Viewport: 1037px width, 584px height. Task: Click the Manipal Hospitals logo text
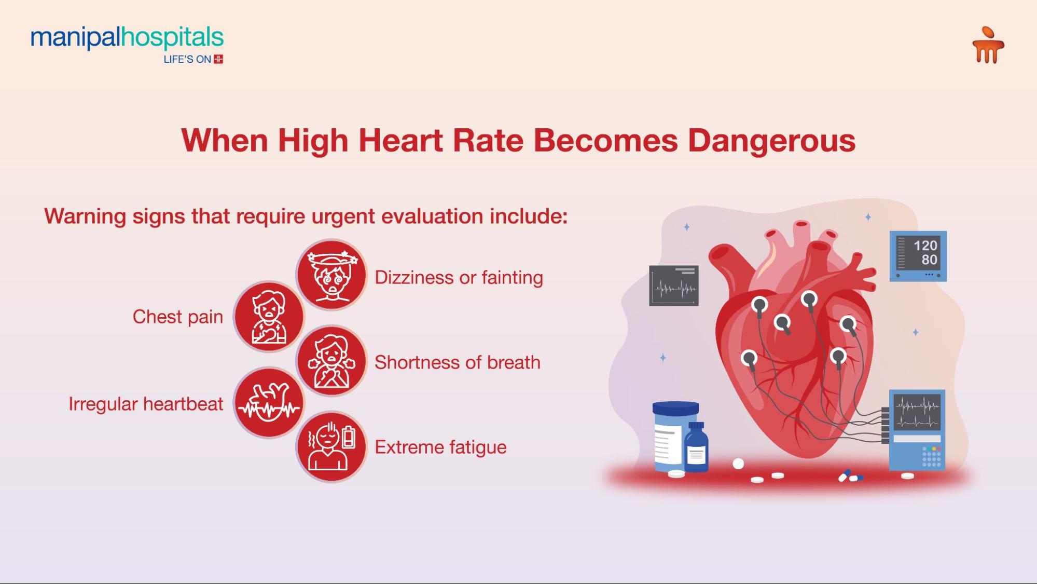(x=127, y=38)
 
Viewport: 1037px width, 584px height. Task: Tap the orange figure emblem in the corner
(x=988, y=46)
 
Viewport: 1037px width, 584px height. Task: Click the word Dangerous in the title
(x=771, y=140)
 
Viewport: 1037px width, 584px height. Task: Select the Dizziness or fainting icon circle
(x=331, y=275)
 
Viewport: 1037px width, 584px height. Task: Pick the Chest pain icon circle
(x=269, y=317)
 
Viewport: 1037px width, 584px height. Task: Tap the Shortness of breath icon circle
(x=331, y=361)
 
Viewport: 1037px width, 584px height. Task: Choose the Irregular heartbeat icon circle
(x=269, y=403)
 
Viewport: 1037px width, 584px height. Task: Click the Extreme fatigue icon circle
(x=331, y=447)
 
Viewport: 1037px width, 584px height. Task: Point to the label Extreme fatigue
(x=440, y=447)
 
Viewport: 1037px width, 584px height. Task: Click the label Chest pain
(x=177, y=317)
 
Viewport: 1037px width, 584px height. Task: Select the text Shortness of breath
(x=457, y=362)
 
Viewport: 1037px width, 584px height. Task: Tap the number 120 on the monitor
(x=925, y=245)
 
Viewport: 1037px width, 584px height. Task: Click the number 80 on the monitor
(x=929, y=260)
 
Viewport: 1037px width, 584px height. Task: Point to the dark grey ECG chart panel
(x=673, y=286)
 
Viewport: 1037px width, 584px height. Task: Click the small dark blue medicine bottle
(x=696, y=447)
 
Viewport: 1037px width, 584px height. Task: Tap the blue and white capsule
(x=845, y=475)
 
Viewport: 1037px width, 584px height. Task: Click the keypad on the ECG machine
(x=931, y=456)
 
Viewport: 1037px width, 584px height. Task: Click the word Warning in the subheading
(x=85, y=216)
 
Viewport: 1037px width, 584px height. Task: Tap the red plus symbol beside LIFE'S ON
(x=218, y=59)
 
